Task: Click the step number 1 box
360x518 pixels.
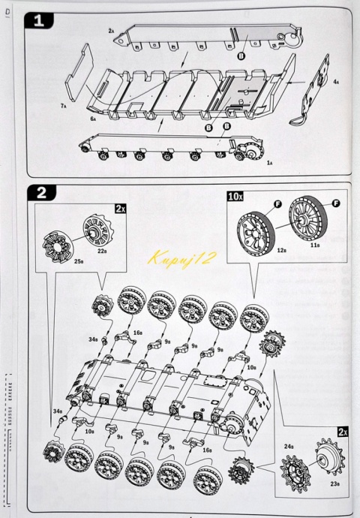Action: tap(40, 21)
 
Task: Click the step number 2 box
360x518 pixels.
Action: tap(40, 192)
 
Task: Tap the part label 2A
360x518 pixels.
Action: tap(111, 32)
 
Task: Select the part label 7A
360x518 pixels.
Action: tap(64, 107)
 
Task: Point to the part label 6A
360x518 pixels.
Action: tap(94, 119)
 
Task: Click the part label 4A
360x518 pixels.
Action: tap(336, 81)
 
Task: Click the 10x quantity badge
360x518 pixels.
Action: tap(235, 196)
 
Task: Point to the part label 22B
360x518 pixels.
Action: tap(102, 252)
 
